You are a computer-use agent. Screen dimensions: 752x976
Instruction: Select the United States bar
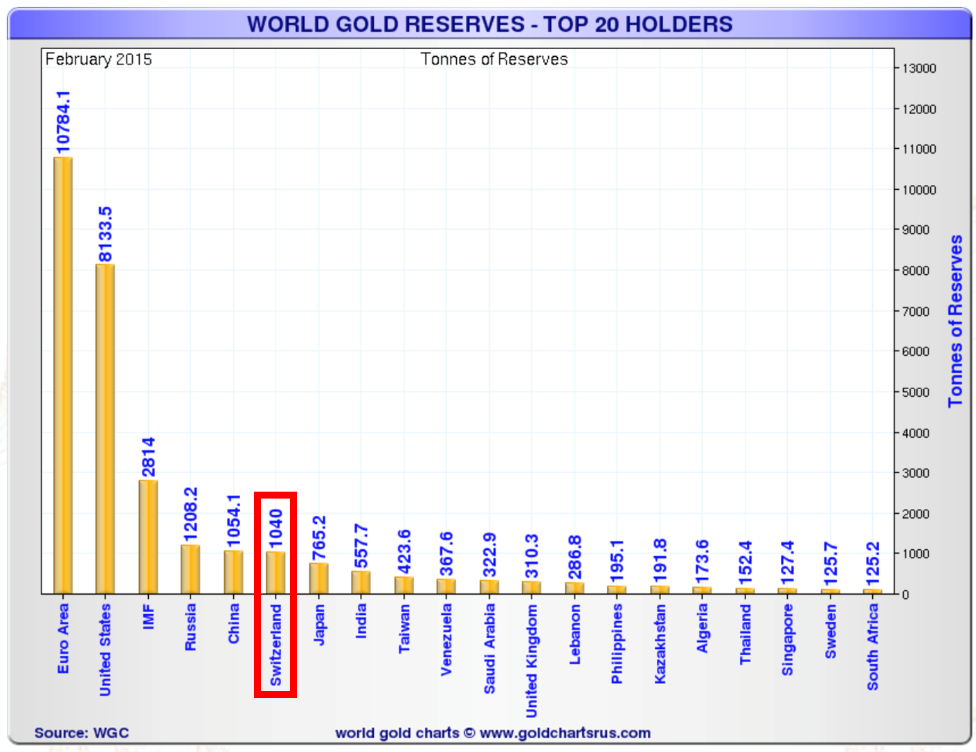tap(105, 429)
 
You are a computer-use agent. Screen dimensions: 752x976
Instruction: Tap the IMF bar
tap(148, 537)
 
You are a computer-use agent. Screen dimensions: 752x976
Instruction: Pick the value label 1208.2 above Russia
tap(190, 514)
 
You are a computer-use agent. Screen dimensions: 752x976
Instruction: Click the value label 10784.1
tap(63, 122)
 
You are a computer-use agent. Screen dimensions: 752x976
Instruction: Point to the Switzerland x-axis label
tap(275, 645)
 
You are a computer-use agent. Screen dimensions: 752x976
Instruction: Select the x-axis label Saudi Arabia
tap(489, 648)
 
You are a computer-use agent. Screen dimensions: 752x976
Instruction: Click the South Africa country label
tap(873, 647)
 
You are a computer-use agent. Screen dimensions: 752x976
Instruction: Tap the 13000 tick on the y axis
tap(919, 69)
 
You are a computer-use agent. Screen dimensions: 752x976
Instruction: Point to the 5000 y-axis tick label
tap(916, 393)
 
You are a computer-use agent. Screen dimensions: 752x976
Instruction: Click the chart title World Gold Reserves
tap(489, 24)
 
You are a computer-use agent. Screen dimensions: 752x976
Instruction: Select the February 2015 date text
tap(98, 60)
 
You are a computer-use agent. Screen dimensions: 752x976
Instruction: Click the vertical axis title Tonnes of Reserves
tap(955, 321)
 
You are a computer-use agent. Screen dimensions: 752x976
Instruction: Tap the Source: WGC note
tap(82, 733)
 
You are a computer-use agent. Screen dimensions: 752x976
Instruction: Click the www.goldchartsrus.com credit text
tap(565, 733)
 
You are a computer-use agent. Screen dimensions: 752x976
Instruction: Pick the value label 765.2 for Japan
tap(319, 538)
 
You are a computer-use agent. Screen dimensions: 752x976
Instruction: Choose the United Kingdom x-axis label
tap(532, 661)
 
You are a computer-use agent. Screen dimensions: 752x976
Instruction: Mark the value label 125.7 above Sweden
tap(831, 560)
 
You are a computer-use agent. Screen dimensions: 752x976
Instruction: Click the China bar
tap(233, 572)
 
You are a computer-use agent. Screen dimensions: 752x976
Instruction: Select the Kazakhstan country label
tap(660, 644)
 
